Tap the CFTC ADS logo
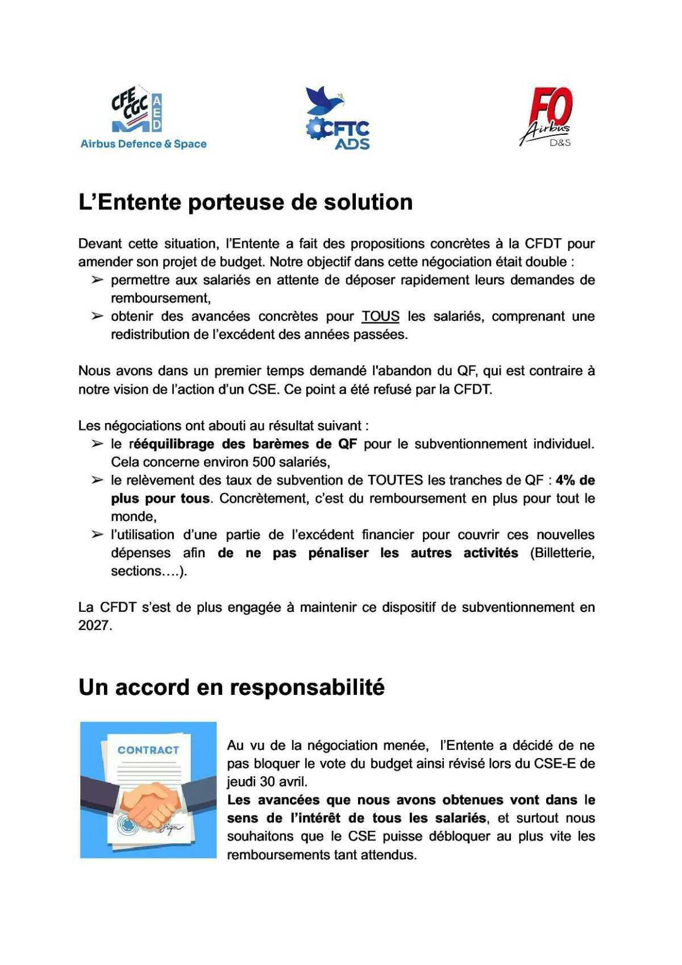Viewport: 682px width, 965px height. pos(338,119)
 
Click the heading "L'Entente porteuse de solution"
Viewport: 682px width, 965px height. pos(246,202)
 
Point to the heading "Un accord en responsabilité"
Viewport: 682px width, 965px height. pos(231,687)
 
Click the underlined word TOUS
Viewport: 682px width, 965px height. pos(381,316)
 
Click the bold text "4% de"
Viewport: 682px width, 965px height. pos(575,480)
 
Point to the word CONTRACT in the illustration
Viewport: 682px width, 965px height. pos(148,750)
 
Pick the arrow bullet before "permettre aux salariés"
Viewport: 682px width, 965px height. pos(97,280)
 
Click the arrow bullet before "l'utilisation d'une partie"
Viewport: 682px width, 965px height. pos(97,535)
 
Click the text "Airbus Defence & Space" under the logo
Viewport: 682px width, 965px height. pos(143,144)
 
